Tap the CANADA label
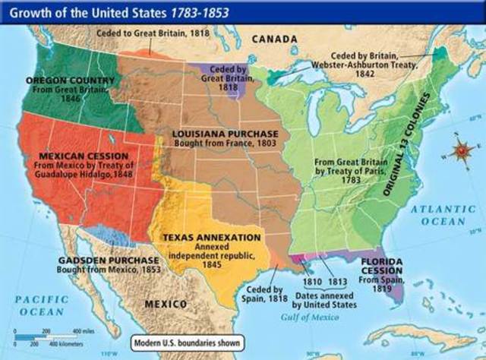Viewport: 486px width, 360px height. tap(274, 38)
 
